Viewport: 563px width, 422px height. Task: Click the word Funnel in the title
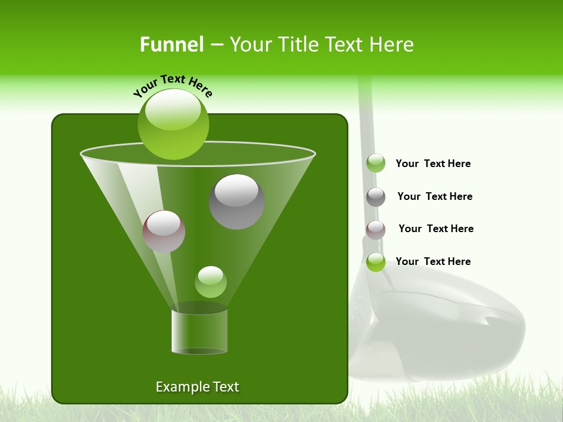tap(171, 45)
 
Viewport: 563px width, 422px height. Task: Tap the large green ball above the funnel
tap(173, 124)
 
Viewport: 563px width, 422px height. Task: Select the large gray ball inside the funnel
tap(236, 202)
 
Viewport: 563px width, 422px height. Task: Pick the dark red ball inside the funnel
tap(164, 232)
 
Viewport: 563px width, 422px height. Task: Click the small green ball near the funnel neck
tap(211, 282)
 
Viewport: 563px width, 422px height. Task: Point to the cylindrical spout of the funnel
tap(199, 331)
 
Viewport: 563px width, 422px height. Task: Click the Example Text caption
tap(197, 387)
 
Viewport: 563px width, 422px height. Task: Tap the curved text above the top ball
tap(172, 86)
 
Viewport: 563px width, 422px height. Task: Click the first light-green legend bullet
tap(376, 163)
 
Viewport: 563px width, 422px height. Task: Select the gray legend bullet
tap(376, 197)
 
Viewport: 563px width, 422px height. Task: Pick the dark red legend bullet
tap(376, 229)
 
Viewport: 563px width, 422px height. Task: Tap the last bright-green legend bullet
tap(376, 262)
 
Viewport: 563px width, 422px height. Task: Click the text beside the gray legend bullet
tap(435, 196)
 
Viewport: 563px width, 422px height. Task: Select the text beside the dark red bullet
tap(436, 229)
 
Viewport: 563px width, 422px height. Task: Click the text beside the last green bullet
tap(433, 261)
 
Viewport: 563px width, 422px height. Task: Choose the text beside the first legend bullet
tap(433, 164)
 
